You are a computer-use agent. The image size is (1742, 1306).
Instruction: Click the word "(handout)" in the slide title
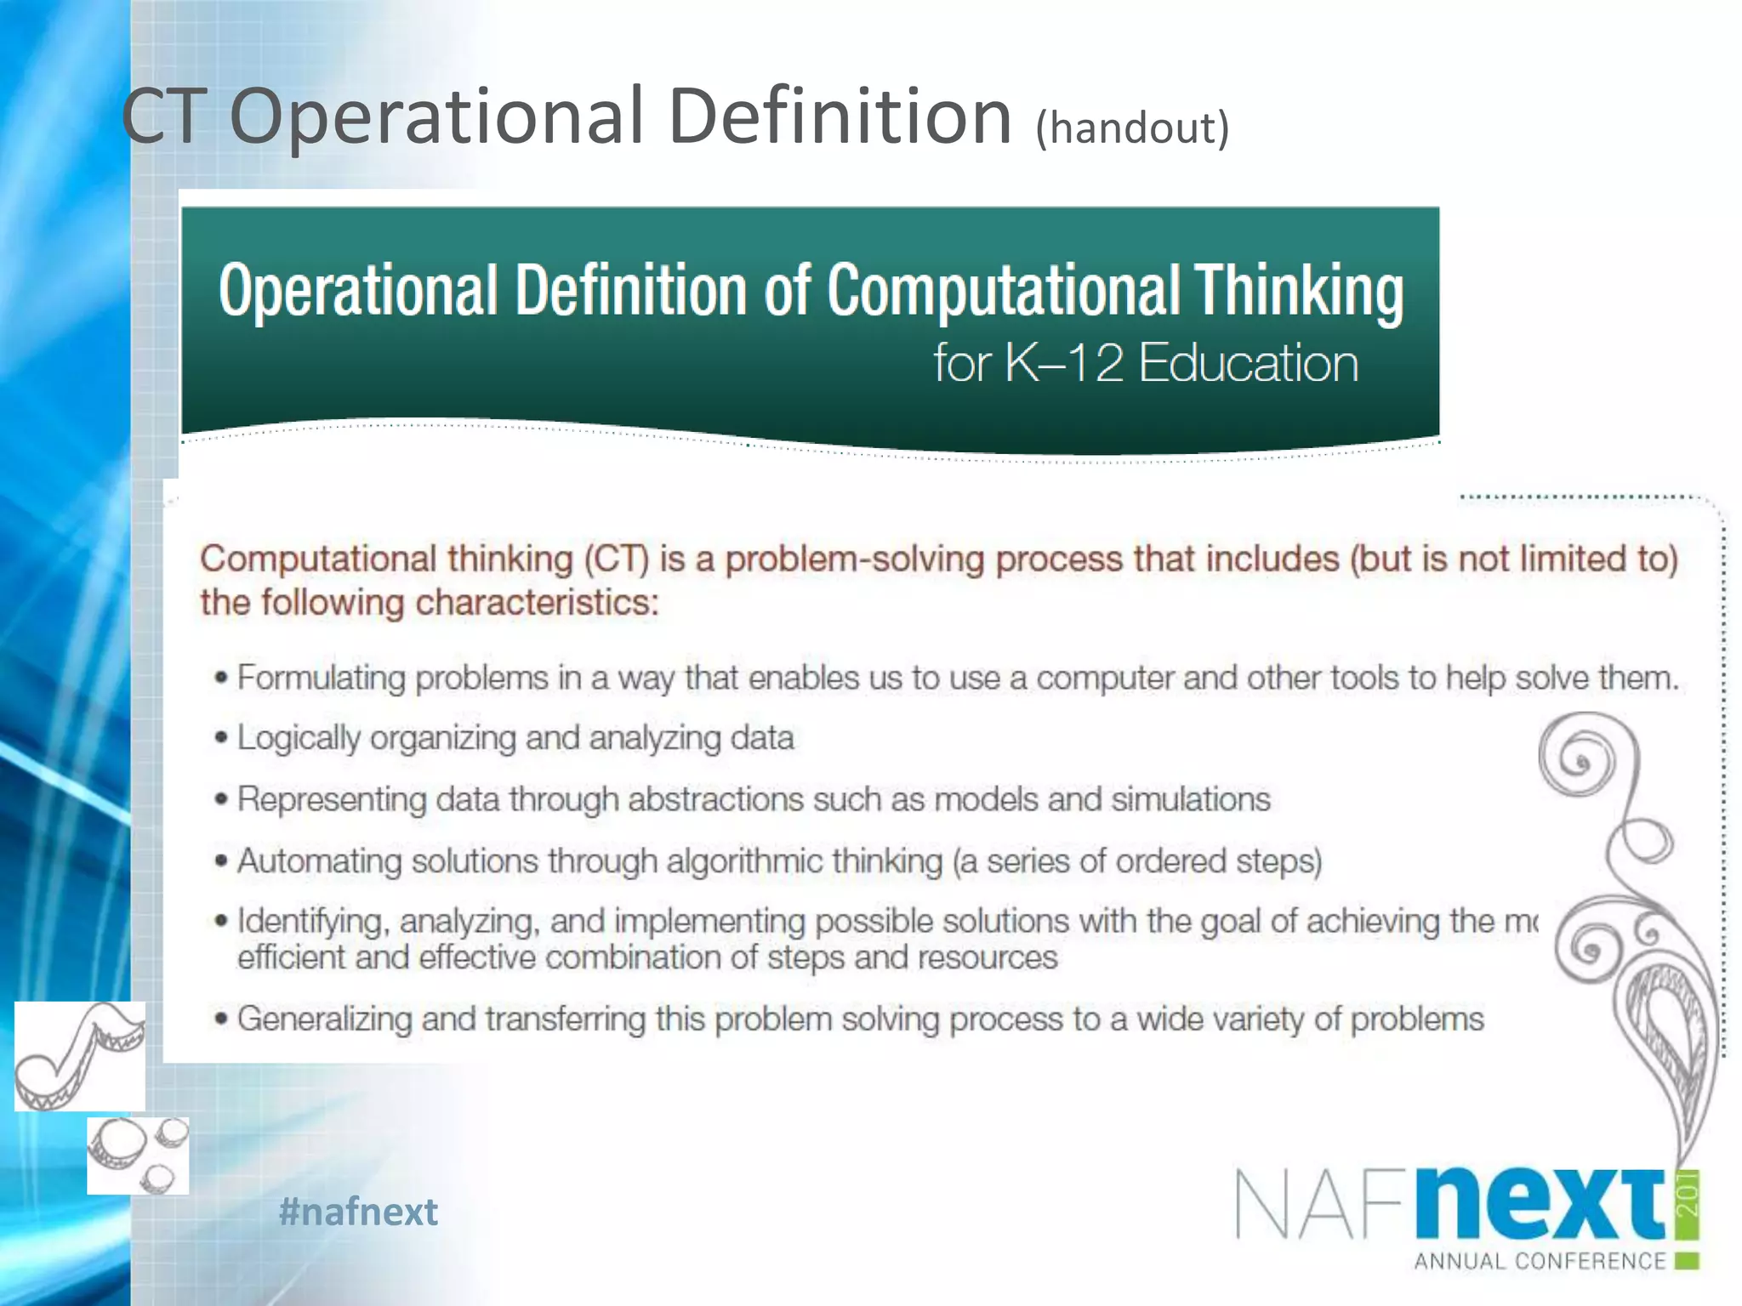click(x=1132, y=128)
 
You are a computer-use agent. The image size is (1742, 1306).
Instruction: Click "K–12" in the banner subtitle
click(x=1063, y=363)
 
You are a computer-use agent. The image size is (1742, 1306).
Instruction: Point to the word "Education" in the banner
click(x=1248, y=363)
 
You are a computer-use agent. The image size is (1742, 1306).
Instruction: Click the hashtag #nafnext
click(x=358, y=1211)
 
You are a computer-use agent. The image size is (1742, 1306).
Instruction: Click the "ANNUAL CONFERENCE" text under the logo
click(x=1540, y=1261)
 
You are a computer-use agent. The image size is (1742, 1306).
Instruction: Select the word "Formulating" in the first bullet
click(x=322, y=679)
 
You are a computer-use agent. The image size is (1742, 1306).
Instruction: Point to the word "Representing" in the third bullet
click(x=332, y=799)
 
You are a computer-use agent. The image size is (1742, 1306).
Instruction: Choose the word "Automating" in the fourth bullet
click(x=320, y=860)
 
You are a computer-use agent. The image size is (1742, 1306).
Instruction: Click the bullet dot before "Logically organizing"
click(x=221, y=738)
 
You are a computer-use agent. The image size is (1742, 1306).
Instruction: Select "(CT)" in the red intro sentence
click(x=617, y=559)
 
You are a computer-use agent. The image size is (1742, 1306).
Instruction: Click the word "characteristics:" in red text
click(x=537, y=603)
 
